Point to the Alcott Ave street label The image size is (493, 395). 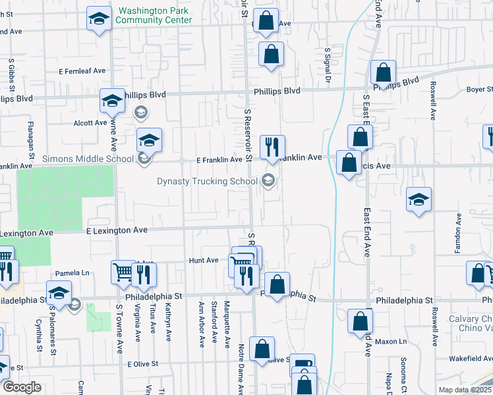click(x=90, y=122)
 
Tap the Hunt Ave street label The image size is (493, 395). click(x=203, y=261)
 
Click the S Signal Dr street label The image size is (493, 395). click(x=327, y=66)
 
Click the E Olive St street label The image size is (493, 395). click(x=144, y=364)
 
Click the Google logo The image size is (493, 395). click(x=21, y=386)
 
